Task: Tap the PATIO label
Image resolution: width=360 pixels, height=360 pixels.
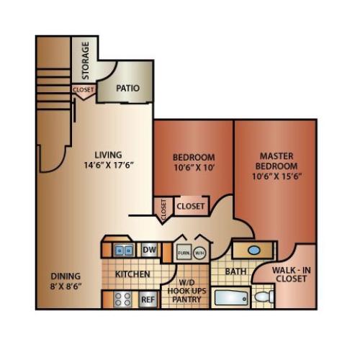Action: point(128,89)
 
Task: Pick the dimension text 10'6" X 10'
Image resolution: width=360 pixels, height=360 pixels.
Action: point(193,168)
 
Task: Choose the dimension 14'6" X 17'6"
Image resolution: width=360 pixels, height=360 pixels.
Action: point(109,165)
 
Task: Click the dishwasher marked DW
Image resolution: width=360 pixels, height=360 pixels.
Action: point(149,250)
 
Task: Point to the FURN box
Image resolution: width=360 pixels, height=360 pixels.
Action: point(183,253)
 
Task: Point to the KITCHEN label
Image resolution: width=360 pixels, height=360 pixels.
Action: point(133,274)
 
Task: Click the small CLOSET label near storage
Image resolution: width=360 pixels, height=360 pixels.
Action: point(83,90)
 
